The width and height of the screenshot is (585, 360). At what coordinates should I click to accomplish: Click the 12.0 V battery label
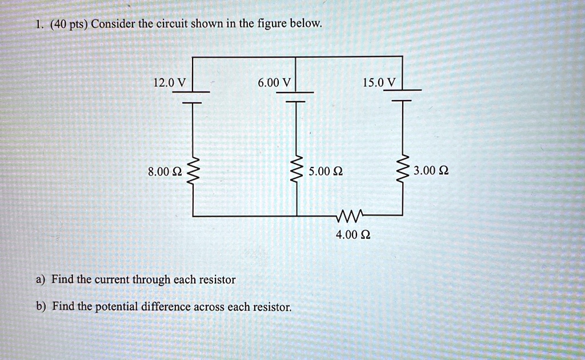[x=169, y=83]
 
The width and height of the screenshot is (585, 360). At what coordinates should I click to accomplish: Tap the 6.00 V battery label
[x=274, y=83]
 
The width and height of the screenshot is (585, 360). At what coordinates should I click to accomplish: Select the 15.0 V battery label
[x=379, y=83]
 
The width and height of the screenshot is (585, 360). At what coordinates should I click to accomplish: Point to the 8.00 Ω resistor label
[x=165, y=171]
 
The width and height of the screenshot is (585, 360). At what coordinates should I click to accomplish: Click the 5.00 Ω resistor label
[x=325, y=171]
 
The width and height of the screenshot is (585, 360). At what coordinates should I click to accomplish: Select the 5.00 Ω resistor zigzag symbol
[x=296, y=170]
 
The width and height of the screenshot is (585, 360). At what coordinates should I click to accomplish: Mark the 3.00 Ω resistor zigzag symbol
[x=403, y=170]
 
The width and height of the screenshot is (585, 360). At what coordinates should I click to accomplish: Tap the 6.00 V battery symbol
[x=296, y=97]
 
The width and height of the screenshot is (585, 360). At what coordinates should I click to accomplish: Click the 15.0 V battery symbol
[x=403, y=96]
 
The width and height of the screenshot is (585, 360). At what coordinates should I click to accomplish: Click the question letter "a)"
[x=40, y=280]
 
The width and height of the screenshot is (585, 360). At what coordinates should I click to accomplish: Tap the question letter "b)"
[x=41, y=306]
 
